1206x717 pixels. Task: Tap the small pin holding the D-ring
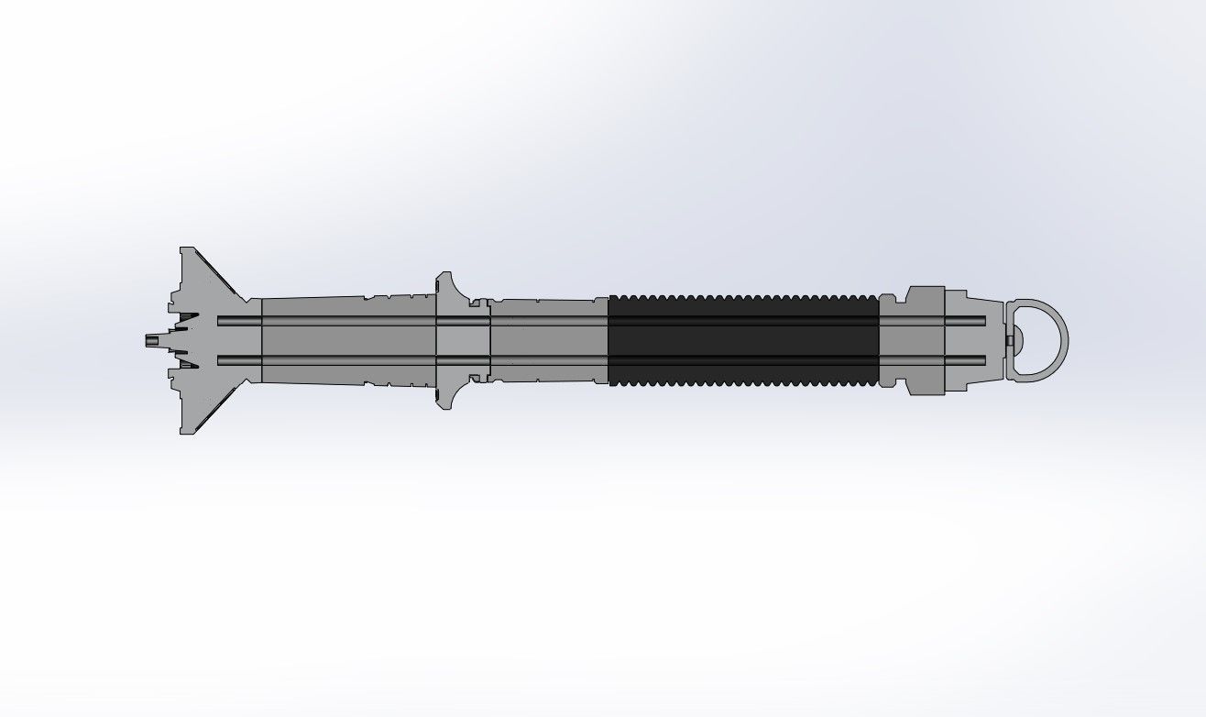(x=1009, y=340)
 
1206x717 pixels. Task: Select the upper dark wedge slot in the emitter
(x=187, y=321)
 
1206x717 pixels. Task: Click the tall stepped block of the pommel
(x=925, y=340)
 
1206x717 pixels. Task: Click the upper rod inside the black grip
(x=742, y=321)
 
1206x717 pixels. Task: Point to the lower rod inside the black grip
(x=742, y=358)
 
